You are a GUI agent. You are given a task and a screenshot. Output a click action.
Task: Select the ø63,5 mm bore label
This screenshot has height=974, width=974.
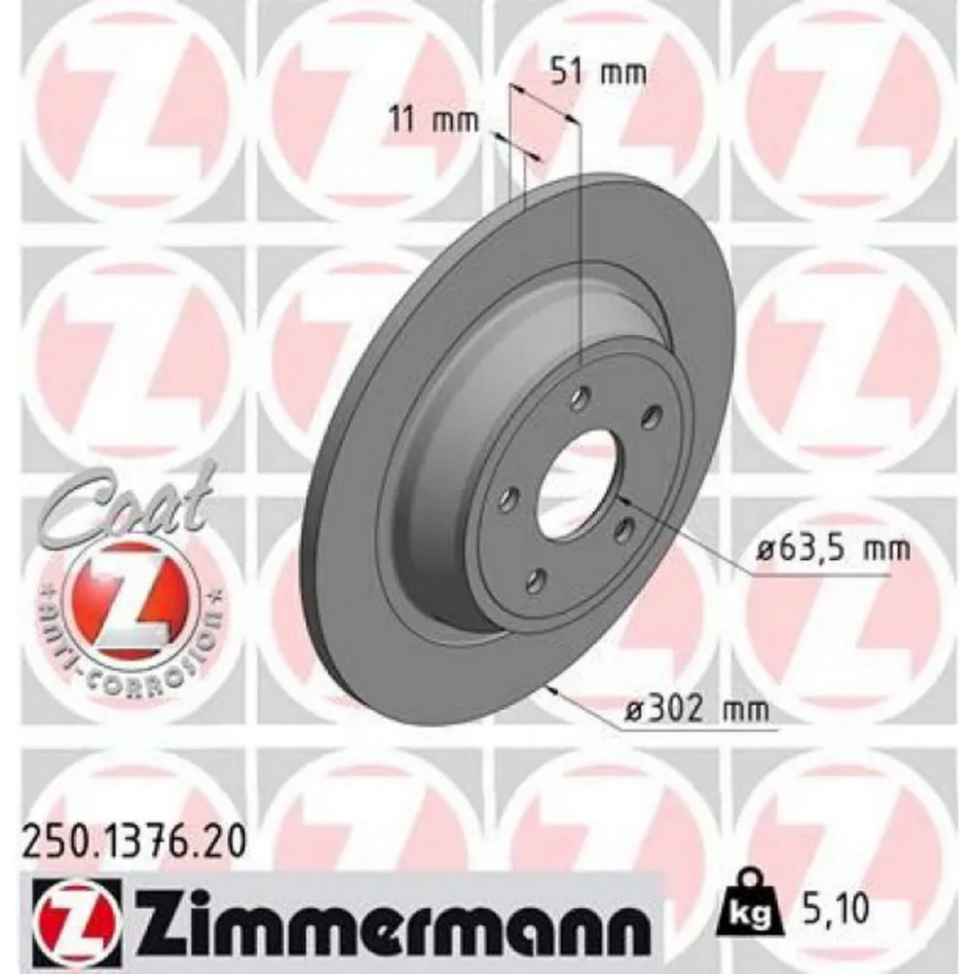[x=833, y=550]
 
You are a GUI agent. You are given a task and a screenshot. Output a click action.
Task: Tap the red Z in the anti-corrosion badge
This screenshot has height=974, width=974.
[x=123, y=599]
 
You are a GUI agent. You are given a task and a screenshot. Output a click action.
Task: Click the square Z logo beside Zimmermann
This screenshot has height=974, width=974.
[x=77, y=917]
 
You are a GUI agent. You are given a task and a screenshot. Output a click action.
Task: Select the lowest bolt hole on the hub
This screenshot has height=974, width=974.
[x=534, y=581]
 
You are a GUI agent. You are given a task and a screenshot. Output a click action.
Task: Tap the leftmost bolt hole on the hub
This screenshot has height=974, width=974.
[x=507, y=500]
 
